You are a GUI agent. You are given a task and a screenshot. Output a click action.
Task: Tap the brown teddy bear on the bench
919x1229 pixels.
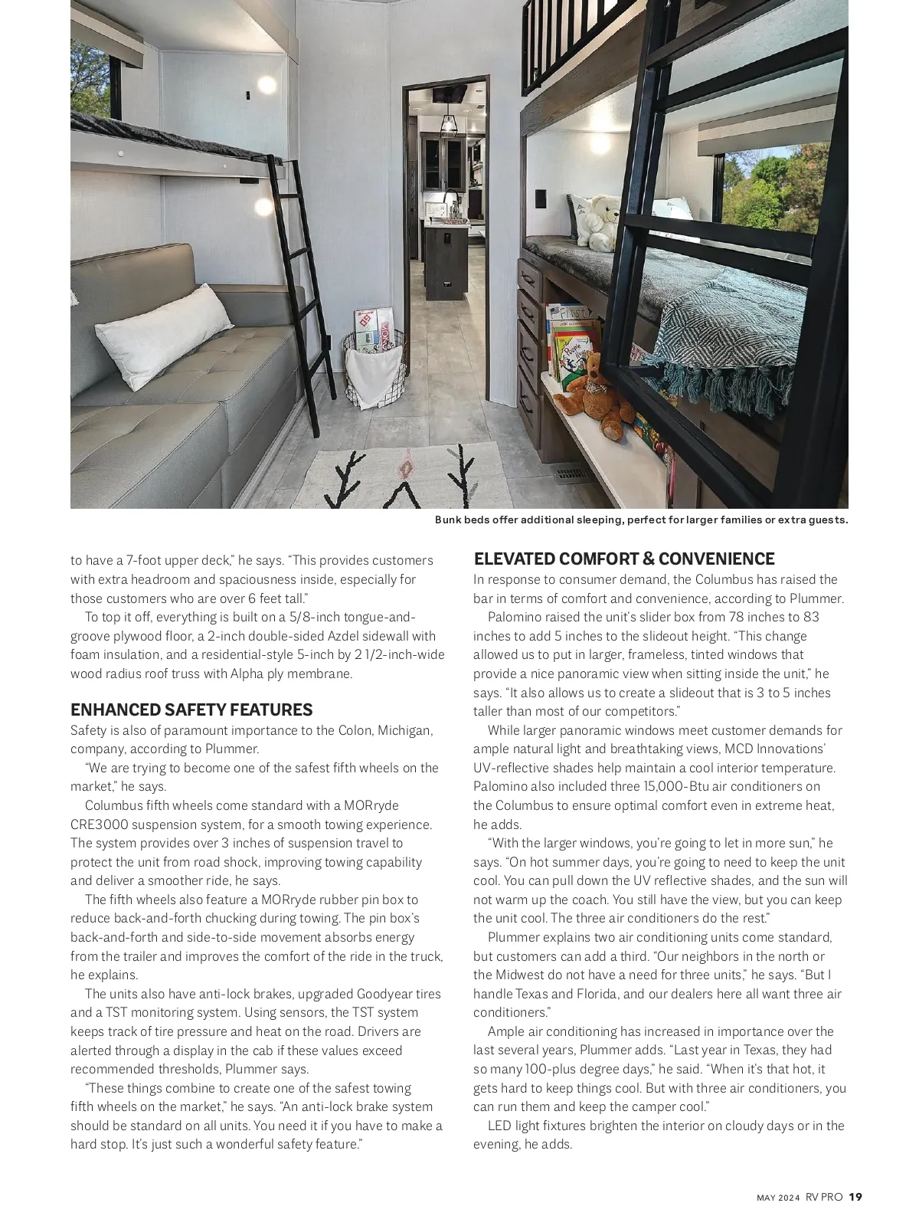pyautogui.click(x=594, y=397)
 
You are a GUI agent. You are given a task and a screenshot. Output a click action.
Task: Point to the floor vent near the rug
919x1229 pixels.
pyautogui.click(x=573, y=474)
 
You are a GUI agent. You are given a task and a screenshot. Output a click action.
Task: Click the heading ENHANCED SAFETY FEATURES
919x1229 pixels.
pyautogui.click(x=191, y=710)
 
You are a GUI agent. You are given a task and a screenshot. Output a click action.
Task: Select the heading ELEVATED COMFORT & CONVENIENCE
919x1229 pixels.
pyautogui.click(x=624, y=559)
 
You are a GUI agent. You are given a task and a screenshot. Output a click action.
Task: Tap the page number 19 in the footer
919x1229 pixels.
pyautogui.click(x=855, y=1197)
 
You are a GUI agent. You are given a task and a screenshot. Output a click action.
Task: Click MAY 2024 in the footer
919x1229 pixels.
pyautogui.click(x=778, y=1198)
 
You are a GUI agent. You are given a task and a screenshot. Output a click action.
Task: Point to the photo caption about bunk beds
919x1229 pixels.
pyautogui.click(x=641, y=520)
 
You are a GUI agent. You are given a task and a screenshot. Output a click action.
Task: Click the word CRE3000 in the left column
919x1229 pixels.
pyautogui.click(x=99, y=824)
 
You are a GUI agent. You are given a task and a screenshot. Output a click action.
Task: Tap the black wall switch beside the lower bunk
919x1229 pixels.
pyautogui.click(x=541, y=198)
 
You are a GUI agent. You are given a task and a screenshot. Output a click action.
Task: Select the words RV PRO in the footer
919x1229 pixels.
pyautogui.click(x=824, y=1197)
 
